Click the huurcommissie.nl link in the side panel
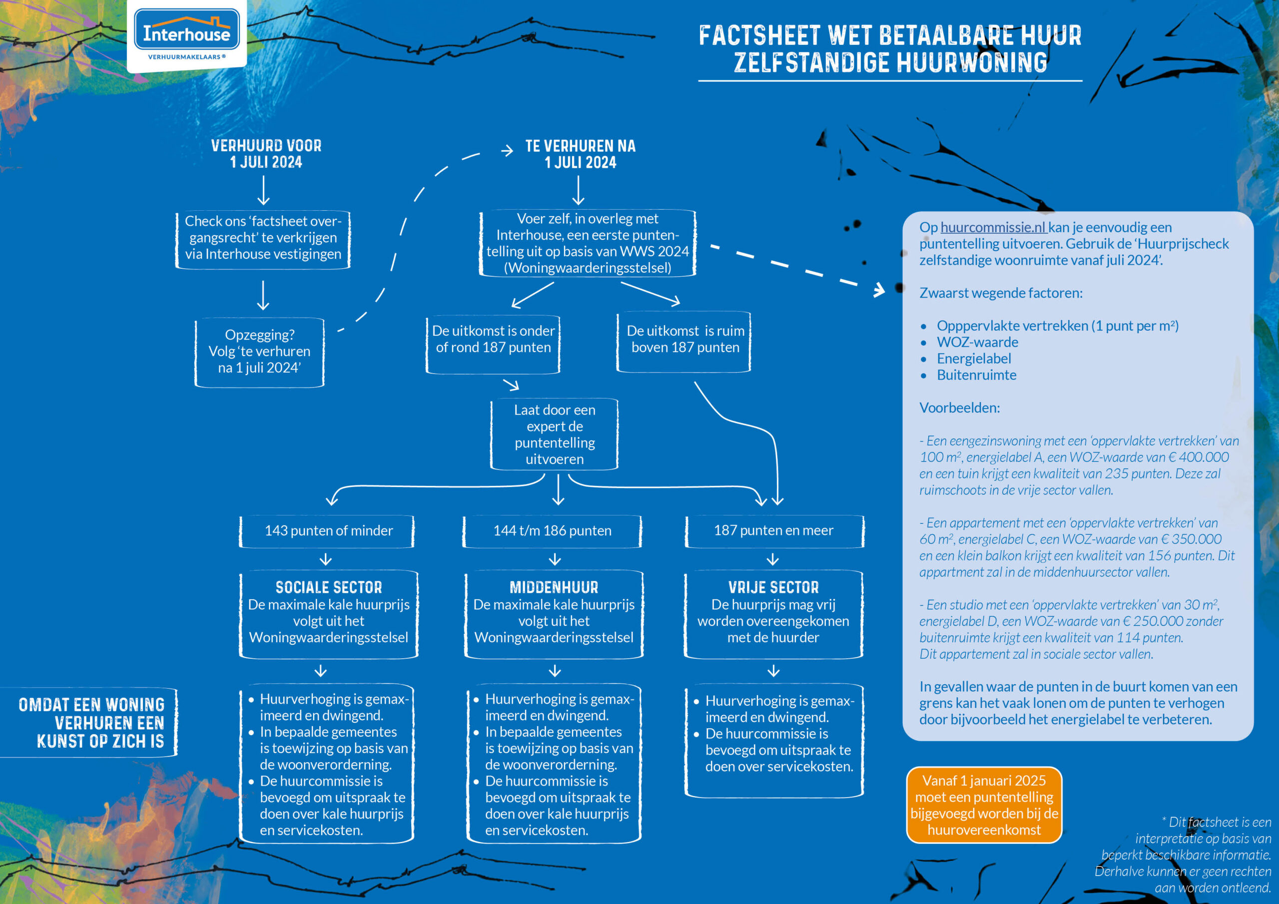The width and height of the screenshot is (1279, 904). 993,227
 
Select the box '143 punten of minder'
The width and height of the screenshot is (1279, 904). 328,531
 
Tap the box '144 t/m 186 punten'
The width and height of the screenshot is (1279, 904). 552,531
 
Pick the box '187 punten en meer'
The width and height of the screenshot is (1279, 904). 773,531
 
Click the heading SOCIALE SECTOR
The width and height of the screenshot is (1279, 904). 329,587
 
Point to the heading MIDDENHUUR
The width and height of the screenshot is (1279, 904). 554,587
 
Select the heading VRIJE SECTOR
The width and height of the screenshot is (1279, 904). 773,587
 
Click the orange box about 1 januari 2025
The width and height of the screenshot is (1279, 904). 984,805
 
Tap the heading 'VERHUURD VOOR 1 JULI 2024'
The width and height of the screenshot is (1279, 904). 266,154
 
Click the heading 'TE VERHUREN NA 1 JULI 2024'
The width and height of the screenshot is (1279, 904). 580,154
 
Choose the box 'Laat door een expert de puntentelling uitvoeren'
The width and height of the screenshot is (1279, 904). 554,435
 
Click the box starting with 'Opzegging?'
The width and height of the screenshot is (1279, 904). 260,352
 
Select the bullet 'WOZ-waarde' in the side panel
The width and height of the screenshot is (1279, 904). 977,342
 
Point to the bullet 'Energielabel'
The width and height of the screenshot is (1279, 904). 973,359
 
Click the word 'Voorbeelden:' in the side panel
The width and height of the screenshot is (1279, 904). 959,408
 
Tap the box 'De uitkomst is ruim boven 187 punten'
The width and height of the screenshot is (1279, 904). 684,339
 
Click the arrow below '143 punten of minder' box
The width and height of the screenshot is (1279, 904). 326,559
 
